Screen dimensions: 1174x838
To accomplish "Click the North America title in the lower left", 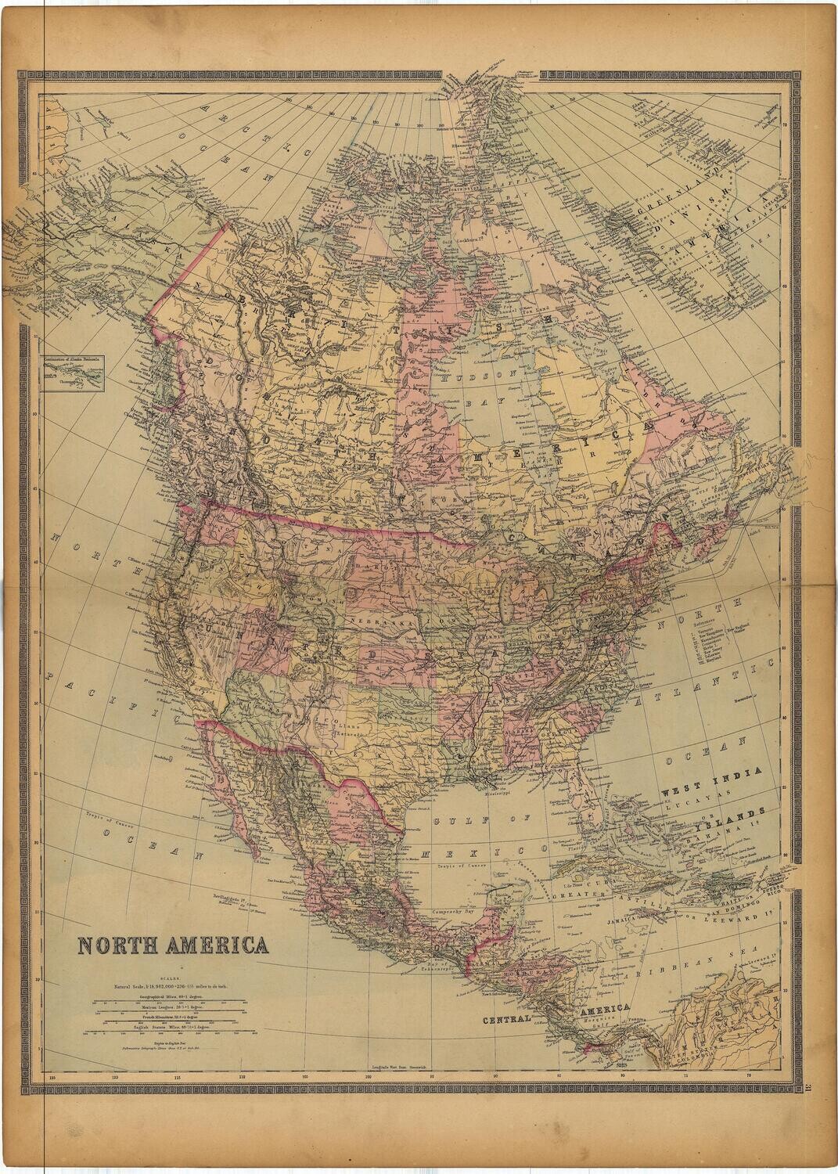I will click(173, 945).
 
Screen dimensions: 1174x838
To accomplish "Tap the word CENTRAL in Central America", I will click(507, 1020).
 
